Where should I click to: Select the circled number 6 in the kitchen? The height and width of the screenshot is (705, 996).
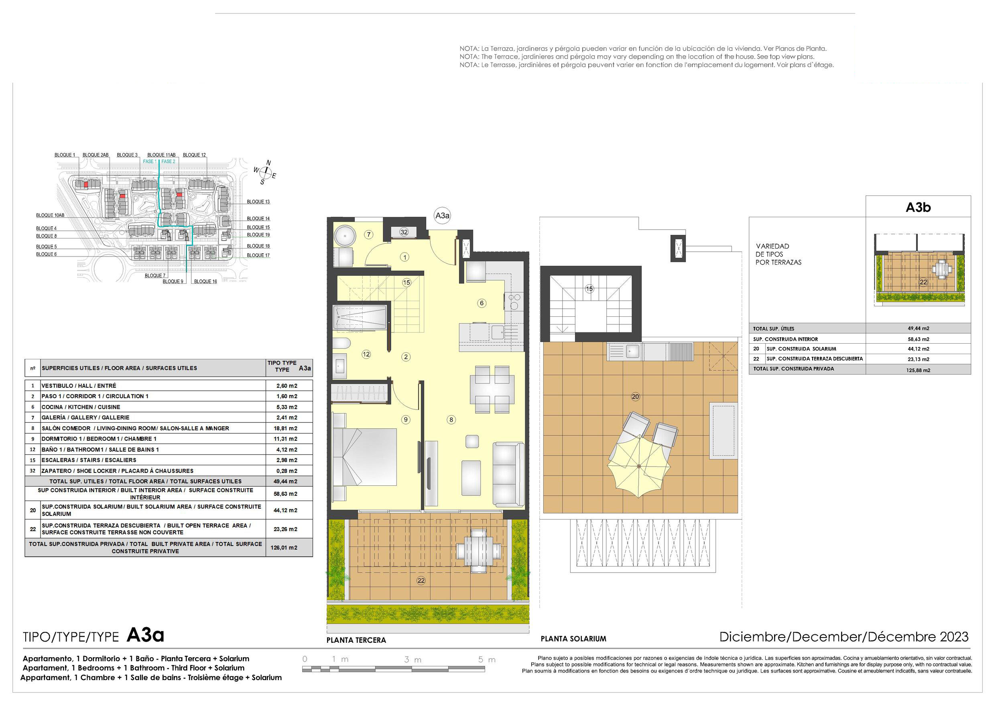point(482,303)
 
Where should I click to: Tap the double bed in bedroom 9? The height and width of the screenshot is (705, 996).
point(365,457)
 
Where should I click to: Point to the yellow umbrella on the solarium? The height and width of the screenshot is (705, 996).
point(639,466)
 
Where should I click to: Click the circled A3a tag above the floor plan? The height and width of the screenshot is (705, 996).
point(443,216)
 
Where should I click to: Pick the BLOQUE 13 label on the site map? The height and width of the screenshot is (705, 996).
point(258,202)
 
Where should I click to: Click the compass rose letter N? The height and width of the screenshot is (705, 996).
point(268,163)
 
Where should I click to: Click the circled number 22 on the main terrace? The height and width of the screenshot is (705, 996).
point(421,581)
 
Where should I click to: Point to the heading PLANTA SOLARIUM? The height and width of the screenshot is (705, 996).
point(573,639)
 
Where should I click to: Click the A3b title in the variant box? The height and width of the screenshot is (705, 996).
point(918,208)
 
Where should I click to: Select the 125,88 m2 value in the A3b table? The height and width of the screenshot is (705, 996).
point(918,370)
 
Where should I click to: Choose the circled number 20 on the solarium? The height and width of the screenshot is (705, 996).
point(636,396)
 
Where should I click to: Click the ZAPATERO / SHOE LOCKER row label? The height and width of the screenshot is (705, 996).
point(117,471)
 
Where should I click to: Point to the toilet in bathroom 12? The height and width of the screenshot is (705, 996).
point(342,344)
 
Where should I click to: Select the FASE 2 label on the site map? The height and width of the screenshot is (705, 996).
point(168,161)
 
